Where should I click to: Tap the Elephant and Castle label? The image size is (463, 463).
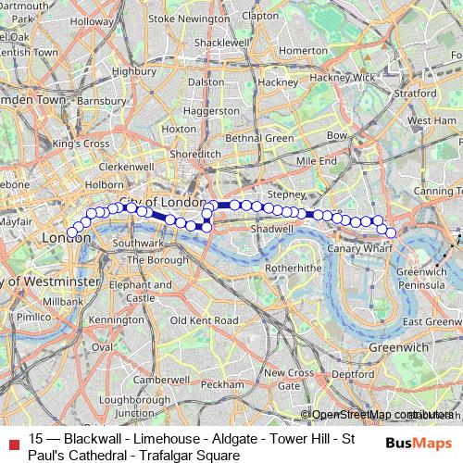[x=140, y=293]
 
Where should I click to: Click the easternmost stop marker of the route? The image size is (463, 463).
[x=391, y=232]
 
